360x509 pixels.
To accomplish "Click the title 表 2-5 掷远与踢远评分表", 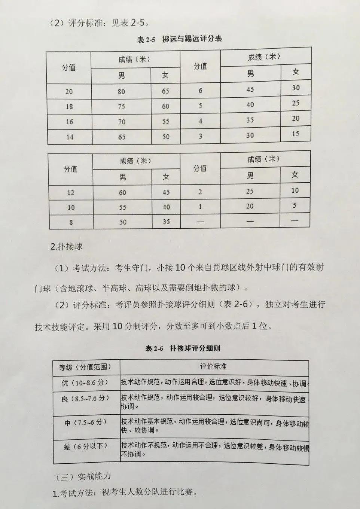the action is point(180,39).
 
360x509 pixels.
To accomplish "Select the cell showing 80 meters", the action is point(121,91).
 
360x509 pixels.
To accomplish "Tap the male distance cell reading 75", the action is point(121,107).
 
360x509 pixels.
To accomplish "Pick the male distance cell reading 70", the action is point(122,122).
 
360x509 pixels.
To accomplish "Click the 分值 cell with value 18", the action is point(69,107).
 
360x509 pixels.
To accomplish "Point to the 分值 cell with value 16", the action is point(70,122).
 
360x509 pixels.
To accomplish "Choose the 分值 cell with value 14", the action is point(70,137).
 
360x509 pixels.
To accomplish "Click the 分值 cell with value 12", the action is point(71,193).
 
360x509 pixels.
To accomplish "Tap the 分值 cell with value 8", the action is point(71,222).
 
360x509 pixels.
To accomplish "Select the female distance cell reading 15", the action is point(296,134).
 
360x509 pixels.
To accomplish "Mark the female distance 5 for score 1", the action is point(295,205).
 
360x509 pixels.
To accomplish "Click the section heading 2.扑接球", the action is point(66,247).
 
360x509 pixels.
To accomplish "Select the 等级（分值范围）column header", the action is point(85,367).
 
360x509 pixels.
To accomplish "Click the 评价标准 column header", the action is point(213,366).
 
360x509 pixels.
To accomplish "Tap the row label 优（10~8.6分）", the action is point(85,383).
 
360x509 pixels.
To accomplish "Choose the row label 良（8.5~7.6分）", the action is point(85,399).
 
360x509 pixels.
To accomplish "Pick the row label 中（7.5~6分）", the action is point(85,422).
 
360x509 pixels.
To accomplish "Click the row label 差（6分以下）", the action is point(85,446).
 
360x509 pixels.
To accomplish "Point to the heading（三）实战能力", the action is point(83,476).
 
